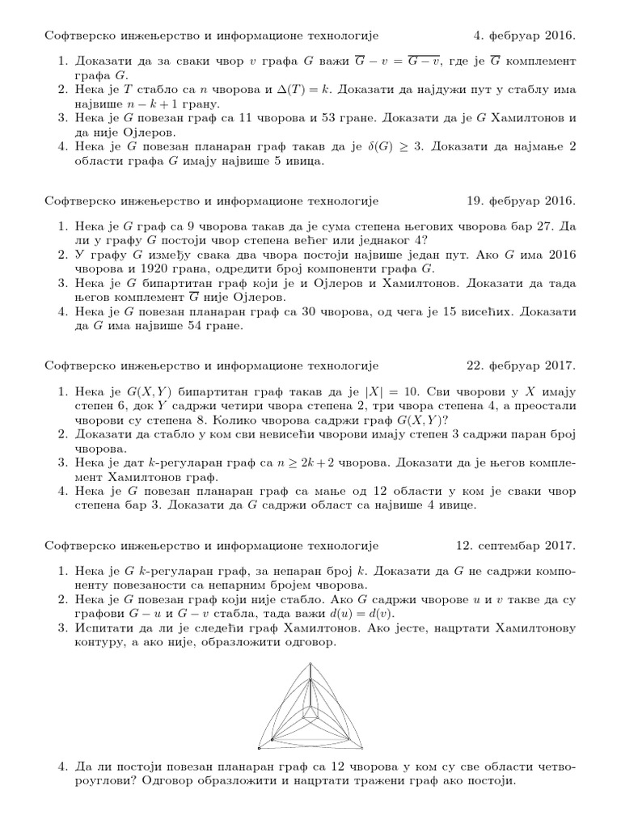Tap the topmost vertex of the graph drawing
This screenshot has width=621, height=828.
(310, 664)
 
